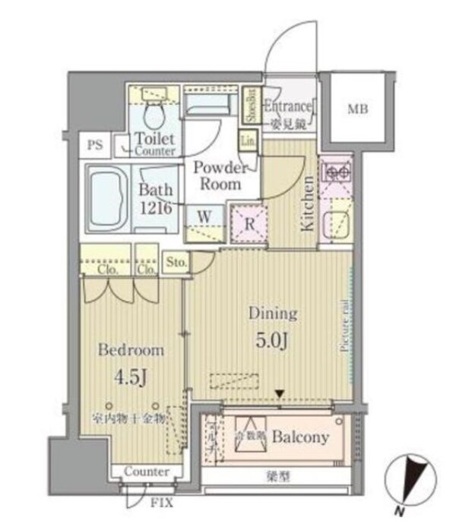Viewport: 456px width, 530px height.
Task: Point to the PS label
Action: [95, 144]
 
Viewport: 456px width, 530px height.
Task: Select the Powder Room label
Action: [219, 176]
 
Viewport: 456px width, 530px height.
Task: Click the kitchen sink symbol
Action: [334, 226]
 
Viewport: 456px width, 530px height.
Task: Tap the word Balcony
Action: [300, 437]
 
